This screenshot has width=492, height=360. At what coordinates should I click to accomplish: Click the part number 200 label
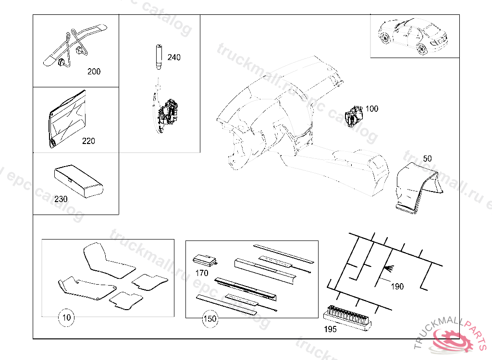click(94, 72)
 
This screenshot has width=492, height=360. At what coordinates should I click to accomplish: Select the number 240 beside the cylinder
click(174, 58)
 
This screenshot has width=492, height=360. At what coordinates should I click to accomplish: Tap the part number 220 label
click(88, 141)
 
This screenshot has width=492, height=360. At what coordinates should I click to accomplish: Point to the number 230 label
click(61, 199)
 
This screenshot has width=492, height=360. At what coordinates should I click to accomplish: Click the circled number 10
click(67, 317)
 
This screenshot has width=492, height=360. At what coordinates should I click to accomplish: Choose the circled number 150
click(210, 318)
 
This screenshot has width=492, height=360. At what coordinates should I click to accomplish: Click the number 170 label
click(202, 274)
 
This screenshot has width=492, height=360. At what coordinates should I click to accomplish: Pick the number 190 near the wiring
click(397, 287)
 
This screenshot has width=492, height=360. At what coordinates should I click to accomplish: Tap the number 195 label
click(330, 329)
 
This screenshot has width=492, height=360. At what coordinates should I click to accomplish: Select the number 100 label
click(371, 108)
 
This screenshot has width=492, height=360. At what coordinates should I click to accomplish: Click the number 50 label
click(427, 158)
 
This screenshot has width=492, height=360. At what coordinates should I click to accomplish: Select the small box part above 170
click(205, 261)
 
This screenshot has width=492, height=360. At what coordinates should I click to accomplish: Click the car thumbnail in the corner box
click(414, 36)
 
